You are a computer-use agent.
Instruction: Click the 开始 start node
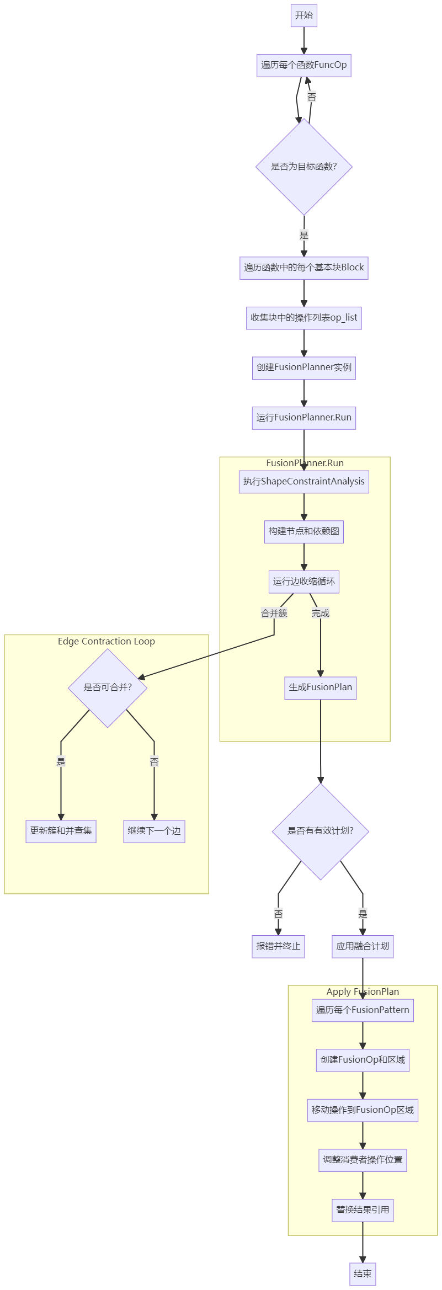(303, 15)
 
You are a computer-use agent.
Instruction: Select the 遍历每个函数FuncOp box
(303, 65)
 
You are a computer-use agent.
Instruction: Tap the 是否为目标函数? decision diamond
(303, 167)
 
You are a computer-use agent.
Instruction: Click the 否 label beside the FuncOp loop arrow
(312, 97)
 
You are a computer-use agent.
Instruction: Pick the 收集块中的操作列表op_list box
(303, 318)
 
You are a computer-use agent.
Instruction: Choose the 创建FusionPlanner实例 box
(303, 367)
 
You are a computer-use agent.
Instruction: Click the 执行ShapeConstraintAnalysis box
(303, 482)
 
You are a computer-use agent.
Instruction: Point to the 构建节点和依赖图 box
(303, 531)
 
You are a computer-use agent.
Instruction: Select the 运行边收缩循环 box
(303, 582)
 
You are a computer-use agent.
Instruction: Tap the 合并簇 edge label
(274, 613)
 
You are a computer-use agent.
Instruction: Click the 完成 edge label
(320, 613)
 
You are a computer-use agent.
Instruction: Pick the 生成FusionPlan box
(320, 687)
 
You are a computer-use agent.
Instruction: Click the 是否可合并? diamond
(108, 687)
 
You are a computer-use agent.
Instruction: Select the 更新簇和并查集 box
(61, 831)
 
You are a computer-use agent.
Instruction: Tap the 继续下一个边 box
(154, 831)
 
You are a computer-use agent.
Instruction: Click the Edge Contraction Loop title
(106, 641)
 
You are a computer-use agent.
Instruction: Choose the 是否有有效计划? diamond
(320, 831)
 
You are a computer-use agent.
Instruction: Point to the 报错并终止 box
(278, 946)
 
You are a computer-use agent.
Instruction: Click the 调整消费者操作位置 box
(363, 1160)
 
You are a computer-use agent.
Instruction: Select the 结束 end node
(363, 1274)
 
